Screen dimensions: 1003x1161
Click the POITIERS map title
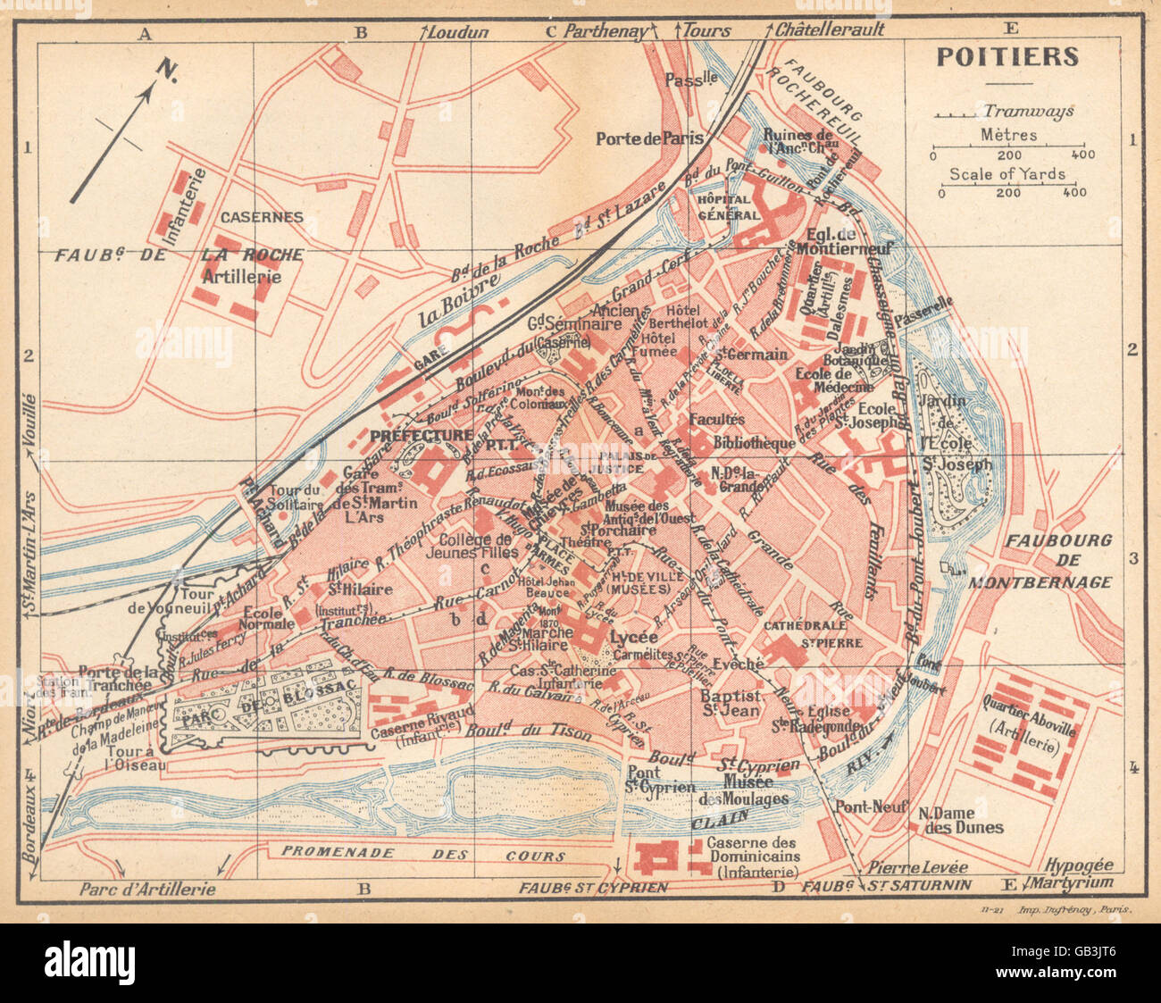1007,56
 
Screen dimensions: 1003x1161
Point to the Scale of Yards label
1007,174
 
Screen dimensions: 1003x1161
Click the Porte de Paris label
649,138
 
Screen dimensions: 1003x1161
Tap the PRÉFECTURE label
421,435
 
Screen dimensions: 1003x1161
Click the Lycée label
634,638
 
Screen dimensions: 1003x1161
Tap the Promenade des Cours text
423,854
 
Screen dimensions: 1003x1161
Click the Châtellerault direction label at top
829,30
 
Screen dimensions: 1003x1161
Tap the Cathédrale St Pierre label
812,633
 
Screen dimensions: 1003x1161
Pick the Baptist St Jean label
730,702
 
